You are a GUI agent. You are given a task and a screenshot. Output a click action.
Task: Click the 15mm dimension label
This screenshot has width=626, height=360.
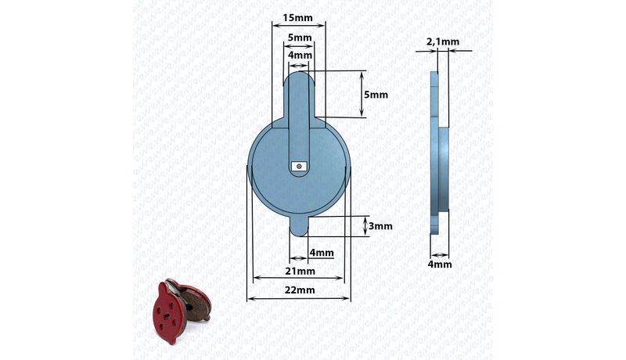(298, 17)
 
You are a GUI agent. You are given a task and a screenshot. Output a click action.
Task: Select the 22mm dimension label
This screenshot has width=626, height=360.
(298, 290)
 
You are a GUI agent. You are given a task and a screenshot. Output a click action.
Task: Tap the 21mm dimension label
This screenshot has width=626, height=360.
(298, 271)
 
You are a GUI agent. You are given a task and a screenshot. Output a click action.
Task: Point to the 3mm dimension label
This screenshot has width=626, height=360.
(380, 226)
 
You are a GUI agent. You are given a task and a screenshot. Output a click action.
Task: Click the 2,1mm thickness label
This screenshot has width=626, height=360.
(443, 41)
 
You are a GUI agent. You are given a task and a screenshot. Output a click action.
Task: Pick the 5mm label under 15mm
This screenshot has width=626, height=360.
(299, 38)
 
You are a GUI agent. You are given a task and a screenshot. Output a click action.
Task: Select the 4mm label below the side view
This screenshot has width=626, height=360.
(440, 265)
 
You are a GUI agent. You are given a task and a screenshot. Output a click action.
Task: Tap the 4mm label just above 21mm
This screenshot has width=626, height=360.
(322, 253)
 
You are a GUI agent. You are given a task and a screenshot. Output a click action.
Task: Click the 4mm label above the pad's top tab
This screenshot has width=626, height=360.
(300, 56)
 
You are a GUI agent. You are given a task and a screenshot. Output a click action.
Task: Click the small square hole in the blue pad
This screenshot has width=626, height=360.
(299, 166)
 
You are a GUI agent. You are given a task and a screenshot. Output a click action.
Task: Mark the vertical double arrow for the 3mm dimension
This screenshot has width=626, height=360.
(365, 226)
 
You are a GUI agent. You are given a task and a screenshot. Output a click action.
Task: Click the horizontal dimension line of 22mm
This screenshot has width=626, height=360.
(298, 298)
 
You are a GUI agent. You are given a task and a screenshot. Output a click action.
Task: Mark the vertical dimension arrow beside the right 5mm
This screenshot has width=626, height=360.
(362, 95)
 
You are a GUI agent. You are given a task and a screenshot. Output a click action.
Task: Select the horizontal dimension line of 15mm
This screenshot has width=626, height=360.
(298, 26)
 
